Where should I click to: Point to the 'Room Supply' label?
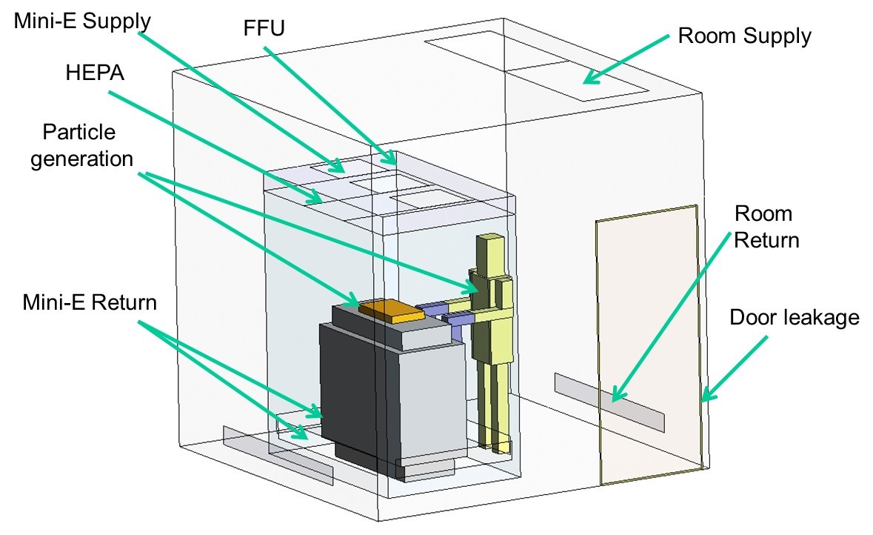coord(745,36)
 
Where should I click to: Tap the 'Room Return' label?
coord(766,227)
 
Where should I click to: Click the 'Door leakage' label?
coord(795,317)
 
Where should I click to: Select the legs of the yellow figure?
coord(495,400)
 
